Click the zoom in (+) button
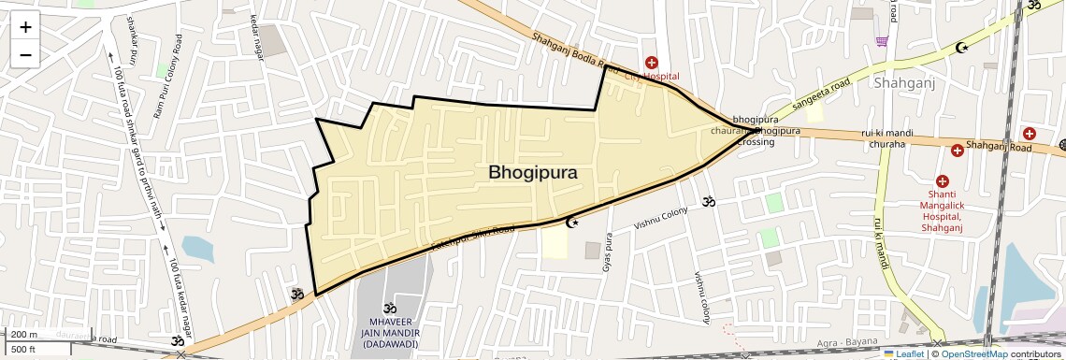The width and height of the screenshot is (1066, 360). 25,26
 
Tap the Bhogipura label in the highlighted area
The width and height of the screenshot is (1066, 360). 532,173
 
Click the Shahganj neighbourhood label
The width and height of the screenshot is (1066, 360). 905,83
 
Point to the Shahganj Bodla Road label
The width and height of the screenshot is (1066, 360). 575,53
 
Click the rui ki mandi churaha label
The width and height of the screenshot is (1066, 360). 887,137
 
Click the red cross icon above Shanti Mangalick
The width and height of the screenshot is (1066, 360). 942,180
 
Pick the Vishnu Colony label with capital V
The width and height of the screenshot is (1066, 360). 660,218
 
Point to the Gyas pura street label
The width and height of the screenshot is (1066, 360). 608,252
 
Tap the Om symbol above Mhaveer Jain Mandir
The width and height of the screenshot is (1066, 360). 389,307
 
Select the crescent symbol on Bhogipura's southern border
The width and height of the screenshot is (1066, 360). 573,222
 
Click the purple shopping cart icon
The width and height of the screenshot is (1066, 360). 881,41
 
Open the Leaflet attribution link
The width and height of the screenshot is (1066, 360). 904,353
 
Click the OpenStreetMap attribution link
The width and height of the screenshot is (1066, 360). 973,353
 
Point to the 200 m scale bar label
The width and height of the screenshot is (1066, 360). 24,335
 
